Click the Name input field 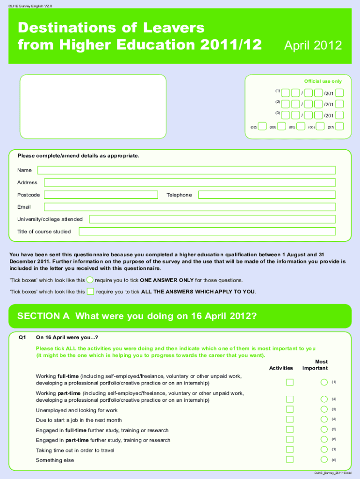click(x=186, y=170)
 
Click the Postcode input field click(x=101, y=195)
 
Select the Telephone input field click(x=266, y=195)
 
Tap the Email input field click(x=189, y=207)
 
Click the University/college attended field click(x=212, y=219)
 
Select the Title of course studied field click(x=207, y=232)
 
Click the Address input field click(x=189, y=182)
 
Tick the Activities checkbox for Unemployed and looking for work click(x=290, y=409)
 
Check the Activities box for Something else click(x=290, y=459)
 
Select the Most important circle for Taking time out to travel click(x=324, y=449)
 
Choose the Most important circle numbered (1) click(x=324, y=382)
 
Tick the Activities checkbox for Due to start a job click(x=290, y=419)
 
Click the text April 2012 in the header click(x=313, y=46)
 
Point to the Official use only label click(x=323, y=81)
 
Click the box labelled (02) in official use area click(x=263, y=126)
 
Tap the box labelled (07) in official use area click(x=339, y=126)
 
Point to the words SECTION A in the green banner click(x=43, y=316)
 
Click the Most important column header click(x=315, y=365)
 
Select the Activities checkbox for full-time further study click(x=290, y=429)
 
